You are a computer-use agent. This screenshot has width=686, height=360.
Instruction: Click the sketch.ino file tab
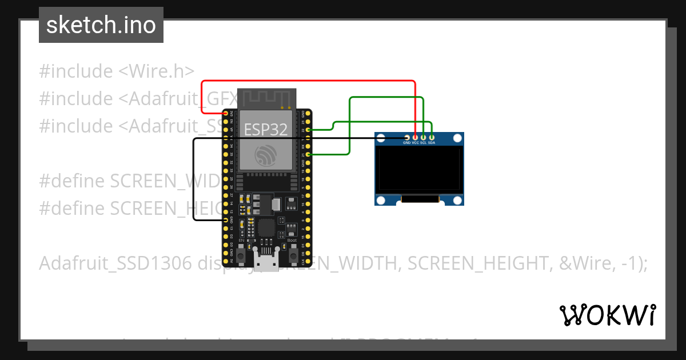[101, 25]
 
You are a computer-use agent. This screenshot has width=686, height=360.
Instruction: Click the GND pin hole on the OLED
[406, 137]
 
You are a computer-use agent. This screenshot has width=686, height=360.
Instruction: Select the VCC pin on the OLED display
[415, 137]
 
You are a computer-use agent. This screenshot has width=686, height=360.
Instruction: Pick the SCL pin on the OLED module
[424, 137]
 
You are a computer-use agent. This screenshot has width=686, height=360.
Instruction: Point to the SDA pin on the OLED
[432, 137]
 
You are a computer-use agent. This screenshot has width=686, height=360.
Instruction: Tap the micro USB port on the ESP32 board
[265, 263]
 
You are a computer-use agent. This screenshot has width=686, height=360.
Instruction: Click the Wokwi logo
[608, 315]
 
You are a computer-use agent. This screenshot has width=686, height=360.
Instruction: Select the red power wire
[309, 81]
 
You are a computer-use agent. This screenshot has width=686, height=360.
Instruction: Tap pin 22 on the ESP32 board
[309, 130]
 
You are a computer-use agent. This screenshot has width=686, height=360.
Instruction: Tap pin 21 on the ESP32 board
[309, 154]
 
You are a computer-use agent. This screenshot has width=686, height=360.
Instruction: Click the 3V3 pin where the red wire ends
[226, 114]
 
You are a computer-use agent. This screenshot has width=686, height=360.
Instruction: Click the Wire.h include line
[117, 71]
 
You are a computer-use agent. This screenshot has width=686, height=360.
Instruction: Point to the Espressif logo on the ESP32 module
[266, 155]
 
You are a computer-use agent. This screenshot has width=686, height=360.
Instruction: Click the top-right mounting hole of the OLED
[457, 138]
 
